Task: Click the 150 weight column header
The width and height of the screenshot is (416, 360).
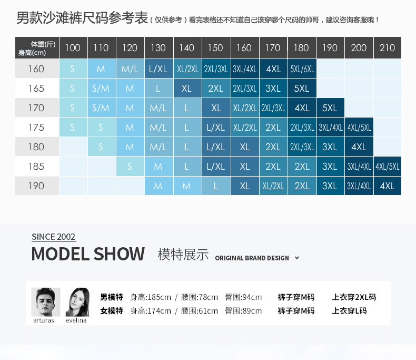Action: click(215, 48)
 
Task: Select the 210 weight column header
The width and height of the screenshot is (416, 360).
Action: click(387, 48)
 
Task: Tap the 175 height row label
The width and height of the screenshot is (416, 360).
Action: click(36, 128)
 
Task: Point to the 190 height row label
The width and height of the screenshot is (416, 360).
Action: click(36, 186)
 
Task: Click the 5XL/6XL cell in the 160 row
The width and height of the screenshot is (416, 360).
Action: click(302, 69)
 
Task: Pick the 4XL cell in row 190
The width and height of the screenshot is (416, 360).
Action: click(387, 186)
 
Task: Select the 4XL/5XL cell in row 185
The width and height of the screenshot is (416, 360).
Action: click(387, 167)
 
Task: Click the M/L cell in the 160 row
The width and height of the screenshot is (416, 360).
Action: click(130, 69)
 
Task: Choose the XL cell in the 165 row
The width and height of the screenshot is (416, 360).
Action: click(186, 89)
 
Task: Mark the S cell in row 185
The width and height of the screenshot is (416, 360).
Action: click(130, 167)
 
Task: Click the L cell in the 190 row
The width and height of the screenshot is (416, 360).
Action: click(215, 186)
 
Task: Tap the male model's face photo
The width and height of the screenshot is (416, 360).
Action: click(46, 301)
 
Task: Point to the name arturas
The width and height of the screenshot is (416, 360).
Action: click(44, 320)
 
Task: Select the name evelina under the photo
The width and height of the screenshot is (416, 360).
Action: click(76, 320)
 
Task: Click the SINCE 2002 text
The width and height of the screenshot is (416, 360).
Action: click(53, 237)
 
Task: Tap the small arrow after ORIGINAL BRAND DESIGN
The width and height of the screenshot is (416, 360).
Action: click(297, 258)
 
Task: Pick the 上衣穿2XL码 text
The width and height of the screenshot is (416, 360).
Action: click(354, 297)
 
